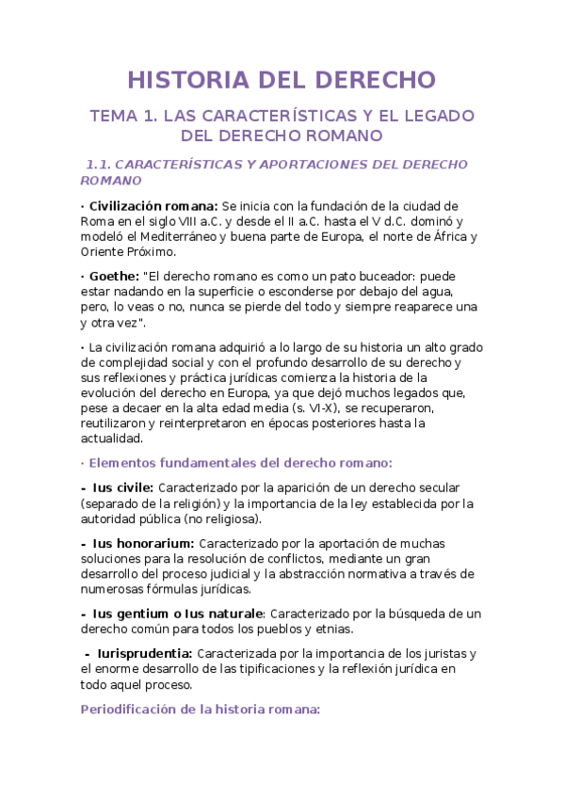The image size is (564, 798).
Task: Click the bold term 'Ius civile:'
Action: (x=122, y=487)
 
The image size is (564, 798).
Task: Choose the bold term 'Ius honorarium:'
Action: (x=143, y=543)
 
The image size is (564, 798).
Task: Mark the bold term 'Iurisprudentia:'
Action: (x=145, y=653)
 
